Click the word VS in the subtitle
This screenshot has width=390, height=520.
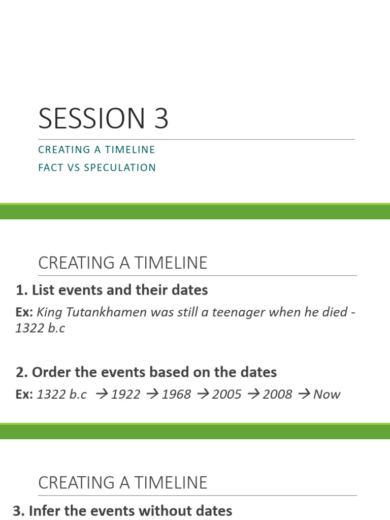(73, 168)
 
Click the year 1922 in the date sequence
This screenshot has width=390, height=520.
(125, 395)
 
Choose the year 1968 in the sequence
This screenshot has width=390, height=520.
(176, 395)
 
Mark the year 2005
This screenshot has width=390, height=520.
(227, 395)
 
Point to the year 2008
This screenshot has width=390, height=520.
(277, 395)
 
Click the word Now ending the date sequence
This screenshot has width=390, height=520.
(327, 395)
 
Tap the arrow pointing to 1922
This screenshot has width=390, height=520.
(103, 395)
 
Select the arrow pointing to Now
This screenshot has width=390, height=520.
(305, 395)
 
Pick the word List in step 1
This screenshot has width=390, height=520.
(42, 290)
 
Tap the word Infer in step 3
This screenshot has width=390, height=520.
(43, 511)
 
